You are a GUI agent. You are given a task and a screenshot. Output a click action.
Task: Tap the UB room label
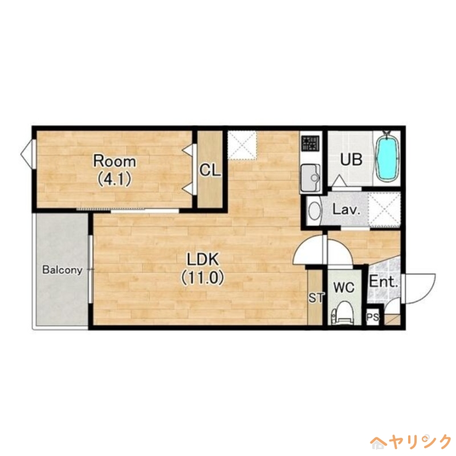pos(351,160)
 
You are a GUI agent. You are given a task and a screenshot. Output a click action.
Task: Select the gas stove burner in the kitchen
pos(311,144)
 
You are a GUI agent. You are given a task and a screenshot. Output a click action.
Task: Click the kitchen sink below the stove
pos(310,178)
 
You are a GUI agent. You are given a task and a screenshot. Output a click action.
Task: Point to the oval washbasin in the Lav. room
pos(315,211)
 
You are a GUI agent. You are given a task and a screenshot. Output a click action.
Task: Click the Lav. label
pos(347,209)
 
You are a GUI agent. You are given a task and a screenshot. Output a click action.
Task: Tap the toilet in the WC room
pos(343,313)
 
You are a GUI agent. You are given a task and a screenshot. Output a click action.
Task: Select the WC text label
pos(344,287)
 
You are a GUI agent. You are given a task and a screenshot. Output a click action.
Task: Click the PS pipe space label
pos(373,317)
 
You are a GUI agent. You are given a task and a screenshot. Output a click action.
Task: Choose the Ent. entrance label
pos(384,282)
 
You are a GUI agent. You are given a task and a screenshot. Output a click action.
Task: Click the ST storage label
pos(316,298)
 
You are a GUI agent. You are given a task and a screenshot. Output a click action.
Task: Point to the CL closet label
pos(210,170)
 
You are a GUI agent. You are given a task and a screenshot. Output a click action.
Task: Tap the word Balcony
pos(62,270)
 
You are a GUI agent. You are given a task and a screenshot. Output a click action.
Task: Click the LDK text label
pos(202,259)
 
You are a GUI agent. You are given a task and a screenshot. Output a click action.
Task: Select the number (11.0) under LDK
pos(203,278)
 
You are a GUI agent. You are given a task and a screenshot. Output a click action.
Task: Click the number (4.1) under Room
pos(115,179)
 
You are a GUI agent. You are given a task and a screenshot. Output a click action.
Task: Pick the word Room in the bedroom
pos(115,161)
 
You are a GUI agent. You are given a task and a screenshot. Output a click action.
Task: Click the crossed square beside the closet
pos(242,145)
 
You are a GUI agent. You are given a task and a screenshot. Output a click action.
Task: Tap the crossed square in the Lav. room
pos(384,209)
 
